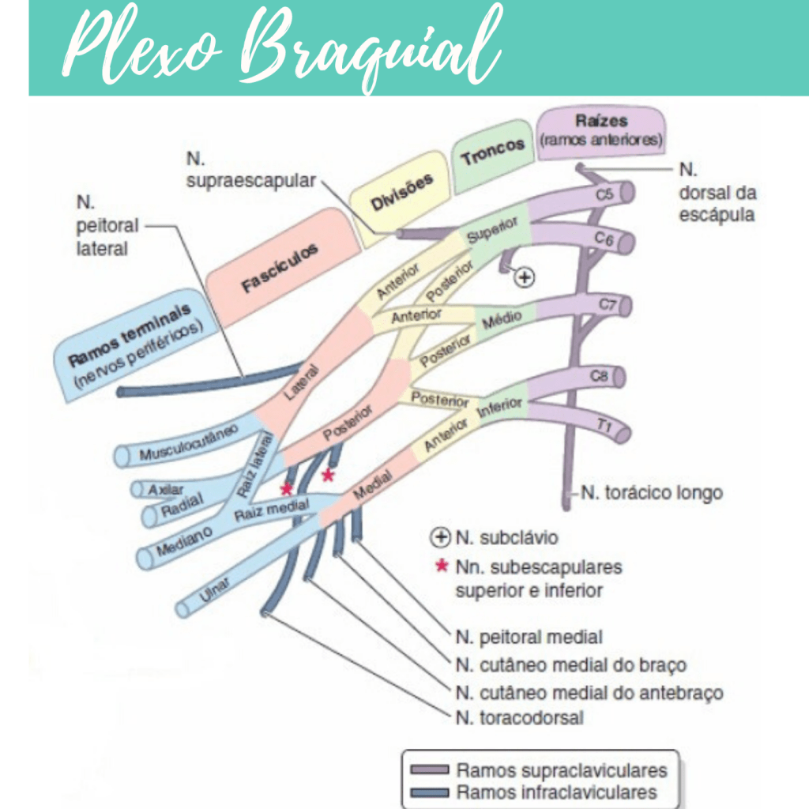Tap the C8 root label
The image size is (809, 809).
[600, 378]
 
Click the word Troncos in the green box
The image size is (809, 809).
[493, 151]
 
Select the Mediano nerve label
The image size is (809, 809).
[184, 540]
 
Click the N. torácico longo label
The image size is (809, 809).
[652, 493]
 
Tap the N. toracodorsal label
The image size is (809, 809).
[520, 718]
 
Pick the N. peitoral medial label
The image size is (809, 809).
[529, 637]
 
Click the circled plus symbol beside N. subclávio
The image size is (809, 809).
[439, 538]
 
